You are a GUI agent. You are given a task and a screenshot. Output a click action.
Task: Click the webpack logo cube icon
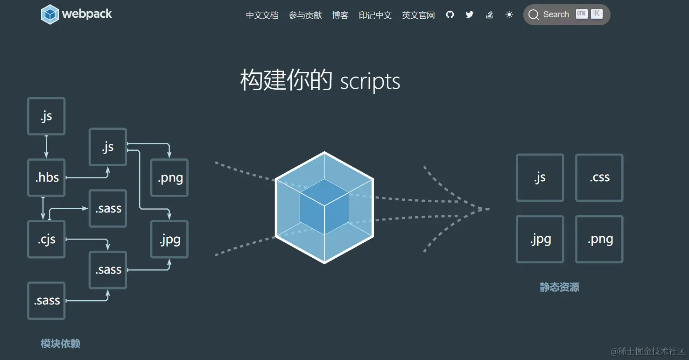coord(50,14)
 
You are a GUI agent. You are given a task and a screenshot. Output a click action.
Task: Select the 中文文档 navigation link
coord(262,15)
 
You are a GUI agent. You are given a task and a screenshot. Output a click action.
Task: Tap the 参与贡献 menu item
coord(305,15)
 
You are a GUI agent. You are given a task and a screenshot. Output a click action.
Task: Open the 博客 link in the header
coord(340,15)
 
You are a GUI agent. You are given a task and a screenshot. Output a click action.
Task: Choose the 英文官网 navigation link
coord(418,15)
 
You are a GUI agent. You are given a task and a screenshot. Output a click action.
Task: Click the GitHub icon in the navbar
coord(450,14)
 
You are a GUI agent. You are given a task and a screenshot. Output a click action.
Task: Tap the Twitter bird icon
coord(470,14)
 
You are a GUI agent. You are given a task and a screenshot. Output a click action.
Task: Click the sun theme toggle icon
coord(509,14)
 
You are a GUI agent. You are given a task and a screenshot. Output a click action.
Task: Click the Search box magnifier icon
coord(534,15)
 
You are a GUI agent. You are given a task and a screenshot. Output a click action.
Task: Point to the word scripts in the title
coord(370,81)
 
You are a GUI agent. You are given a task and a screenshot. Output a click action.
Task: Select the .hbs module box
coord(46,177)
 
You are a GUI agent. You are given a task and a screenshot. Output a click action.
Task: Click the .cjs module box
coord(46,239)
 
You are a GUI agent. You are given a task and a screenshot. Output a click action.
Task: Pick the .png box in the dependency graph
coord(169,177)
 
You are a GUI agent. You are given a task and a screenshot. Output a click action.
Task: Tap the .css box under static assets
coord(599,177)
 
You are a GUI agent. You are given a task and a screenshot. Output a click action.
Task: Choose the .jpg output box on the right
coord(540,239)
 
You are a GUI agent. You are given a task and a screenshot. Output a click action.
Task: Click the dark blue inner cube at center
coord(324,206)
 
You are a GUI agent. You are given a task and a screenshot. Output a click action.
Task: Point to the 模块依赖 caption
coord(60,344)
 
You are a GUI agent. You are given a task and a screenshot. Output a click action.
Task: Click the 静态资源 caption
coord(559,287)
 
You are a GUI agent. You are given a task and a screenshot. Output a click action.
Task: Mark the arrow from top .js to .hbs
coord(46,147)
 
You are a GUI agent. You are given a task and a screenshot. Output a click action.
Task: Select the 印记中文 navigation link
coord(375,15)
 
